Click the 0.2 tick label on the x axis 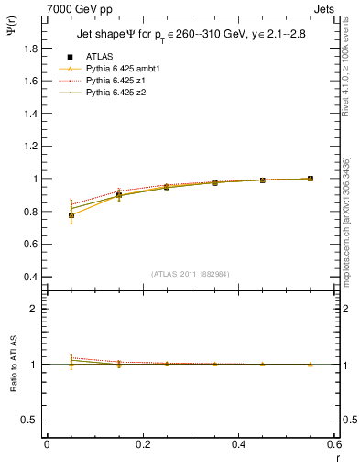pyautogui.click(x=142, y=444)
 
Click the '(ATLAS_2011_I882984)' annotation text pyautogui.click(x=191, y=273)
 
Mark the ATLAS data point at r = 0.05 pyautogui.click(x=71, y=215)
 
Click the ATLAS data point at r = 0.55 pyautogui.click(x=311, y=179)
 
